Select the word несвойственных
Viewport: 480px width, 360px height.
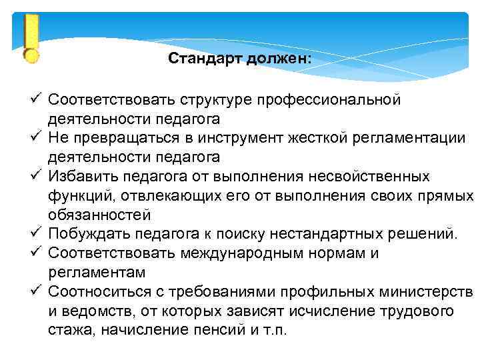tap(373, 177)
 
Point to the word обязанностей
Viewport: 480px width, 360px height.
tap(99, 215)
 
